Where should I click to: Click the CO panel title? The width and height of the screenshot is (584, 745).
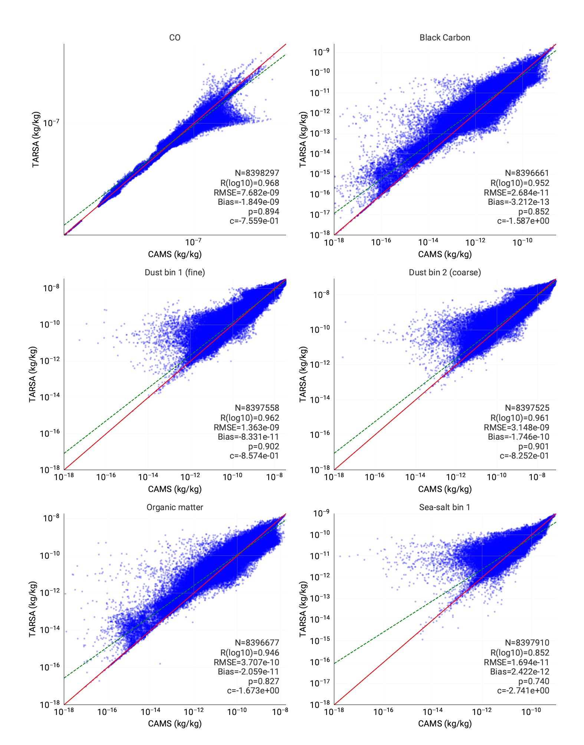click(x=175, y=37)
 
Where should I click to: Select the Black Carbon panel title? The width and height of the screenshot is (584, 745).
click(x=445, y=37)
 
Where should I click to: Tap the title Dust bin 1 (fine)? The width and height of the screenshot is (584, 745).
click(x=175, y=272)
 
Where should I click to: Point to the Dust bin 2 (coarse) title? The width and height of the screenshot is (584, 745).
click(x=445, y=272)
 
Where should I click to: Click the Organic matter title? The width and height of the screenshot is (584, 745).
click(x=175, y=507)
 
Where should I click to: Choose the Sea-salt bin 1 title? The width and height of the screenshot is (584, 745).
click(x=445, y=507)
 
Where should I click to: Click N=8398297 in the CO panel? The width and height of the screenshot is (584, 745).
click(x=257, y=173)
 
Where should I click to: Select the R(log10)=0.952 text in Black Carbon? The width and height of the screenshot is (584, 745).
click(x=520, y=183)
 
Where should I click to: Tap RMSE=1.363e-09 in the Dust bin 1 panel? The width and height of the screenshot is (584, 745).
click(x=246, y=427)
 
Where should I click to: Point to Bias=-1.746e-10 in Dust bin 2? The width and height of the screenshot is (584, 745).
click(x=519, y=437)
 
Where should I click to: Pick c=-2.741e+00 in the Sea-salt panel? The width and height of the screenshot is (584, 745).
click(x=523, y=690)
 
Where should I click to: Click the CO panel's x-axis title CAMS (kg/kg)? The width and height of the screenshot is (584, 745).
click(x=175, y=254)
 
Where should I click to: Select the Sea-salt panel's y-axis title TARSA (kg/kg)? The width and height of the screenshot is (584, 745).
click(x=303, y=609)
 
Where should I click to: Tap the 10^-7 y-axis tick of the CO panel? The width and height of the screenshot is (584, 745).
click(x=52, y=122)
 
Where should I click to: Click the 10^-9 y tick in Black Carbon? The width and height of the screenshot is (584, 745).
click(x=321, y=52)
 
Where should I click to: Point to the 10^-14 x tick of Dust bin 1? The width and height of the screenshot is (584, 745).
click(x=148, y=476)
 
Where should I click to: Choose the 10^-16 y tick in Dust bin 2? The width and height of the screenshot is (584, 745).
click(x=320, y=434)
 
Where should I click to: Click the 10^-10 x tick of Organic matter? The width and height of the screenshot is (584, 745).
click(x=237, y=711)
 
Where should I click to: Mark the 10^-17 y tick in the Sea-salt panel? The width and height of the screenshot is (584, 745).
click(x=320, y=683)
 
